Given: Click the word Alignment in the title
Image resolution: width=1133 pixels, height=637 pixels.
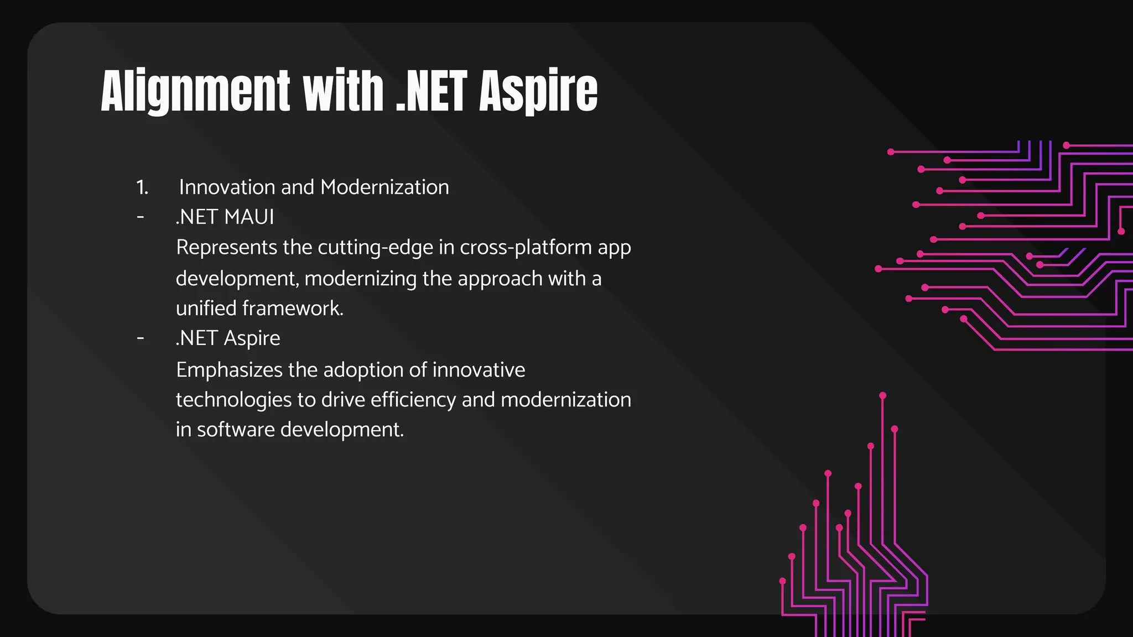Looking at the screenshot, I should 195,91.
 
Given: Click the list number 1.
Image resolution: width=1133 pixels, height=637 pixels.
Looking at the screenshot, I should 142,187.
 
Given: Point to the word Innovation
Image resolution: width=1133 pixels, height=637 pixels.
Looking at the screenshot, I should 227,187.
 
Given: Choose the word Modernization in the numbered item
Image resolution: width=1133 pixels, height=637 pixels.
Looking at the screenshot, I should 384,187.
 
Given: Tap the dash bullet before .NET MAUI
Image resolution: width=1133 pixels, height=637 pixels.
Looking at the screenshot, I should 141,217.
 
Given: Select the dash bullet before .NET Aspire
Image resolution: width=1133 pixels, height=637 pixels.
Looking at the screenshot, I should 141,338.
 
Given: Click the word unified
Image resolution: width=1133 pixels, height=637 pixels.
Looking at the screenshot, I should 206,308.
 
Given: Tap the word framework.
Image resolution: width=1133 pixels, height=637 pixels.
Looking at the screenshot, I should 293,308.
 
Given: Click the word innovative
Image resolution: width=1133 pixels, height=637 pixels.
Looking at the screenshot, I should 479,369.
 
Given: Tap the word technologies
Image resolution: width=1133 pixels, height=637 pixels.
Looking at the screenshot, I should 233,399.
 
